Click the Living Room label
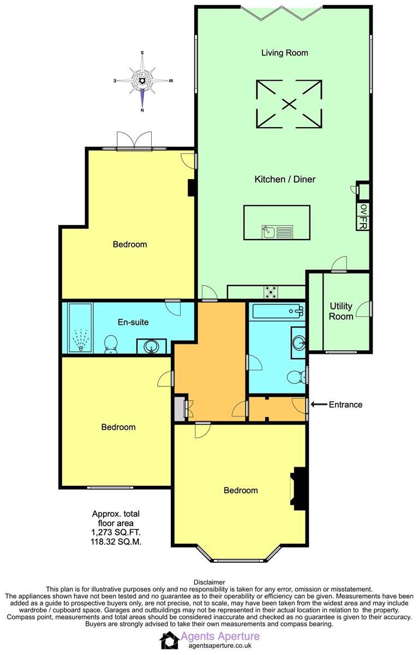point(284,53)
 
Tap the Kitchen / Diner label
point(285,179)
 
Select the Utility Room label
point(341,311)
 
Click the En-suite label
point(133,322)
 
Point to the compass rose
point(142,81)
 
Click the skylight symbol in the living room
point(289,104)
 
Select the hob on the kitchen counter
point(271,293)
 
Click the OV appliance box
point(363,209)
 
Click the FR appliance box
point(363,223)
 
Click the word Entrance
point(345,404)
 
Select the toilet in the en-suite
point(111,344)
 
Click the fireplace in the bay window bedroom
point(299,487)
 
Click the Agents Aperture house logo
point(169,640)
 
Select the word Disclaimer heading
point(209,582)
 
